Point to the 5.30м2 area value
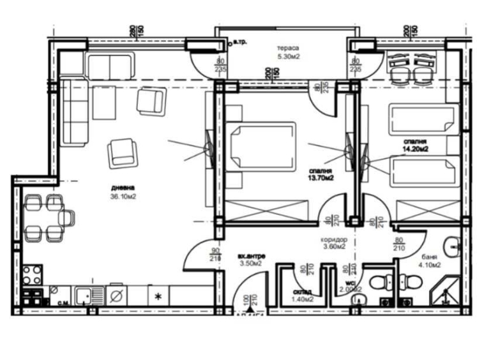point(289,57)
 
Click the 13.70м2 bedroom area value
point(321,179)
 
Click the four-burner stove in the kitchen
point(32,276)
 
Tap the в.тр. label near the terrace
point(240,43)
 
